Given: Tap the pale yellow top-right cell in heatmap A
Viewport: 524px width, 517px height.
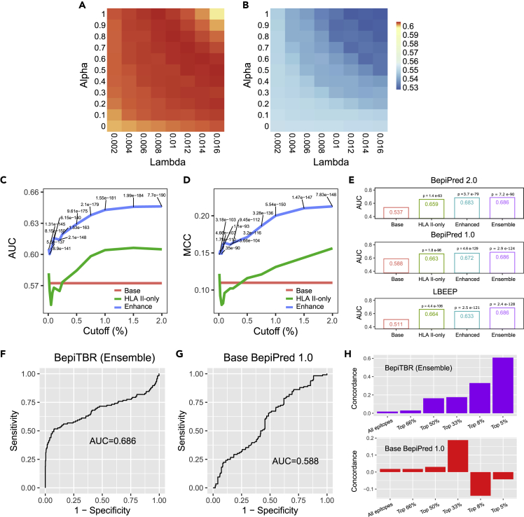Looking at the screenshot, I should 217,13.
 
